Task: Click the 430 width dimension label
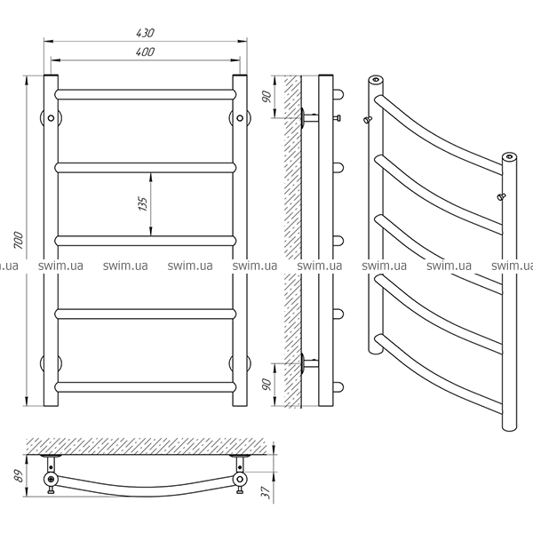point(145,33)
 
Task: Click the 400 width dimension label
point(145,52)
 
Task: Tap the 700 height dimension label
point(19,241)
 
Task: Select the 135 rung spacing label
point(143,204)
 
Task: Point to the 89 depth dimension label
point(20,475)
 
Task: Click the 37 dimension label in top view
point(267,492)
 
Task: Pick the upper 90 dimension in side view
point(267,97)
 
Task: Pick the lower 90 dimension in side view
point(267,384)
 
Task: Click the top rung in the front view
point(145,94)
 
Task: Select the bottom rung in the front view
point(145,386)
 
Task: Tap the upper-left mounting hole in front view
point(51,118)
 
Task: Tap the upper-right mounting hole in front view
point(240,118)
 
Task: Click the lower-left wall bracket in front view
point(51,363)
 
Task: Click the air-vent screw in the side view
point(337,118)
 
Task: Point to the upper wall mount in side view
point(310,118)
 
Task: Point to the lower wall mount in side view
point(310,363)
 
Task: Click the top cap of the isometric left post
point(376,80)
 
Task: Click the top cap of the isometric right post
point(509,156)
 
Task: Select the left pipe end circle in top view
point(51,480)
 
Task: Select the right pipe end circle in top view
point(240,480)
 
